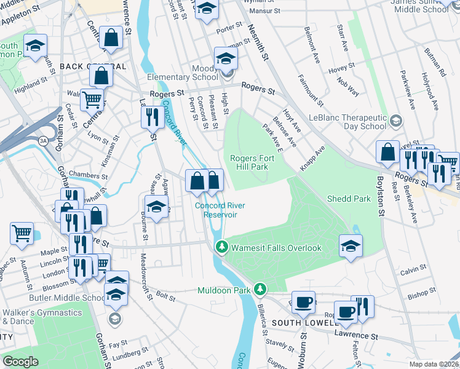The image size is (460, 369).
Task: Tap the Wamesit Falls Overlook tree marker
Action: pyautogui.click(x=221, y=247)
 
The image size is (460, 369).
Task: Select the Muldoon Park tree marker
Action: pyautogui.click(x=261, y=288)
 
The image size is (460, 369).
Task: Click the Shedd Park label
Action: pyautogui.click(x=349, y=199)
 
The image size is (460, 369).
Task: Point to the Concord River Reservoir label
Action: pyautogui.click(x=216, y=210)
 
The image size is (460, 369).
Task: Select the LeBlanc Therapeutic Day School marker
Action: pyautogui.click(x=395, y=120)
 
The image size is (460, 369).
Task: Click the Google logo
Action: pyautogui.click(x=20, y=362)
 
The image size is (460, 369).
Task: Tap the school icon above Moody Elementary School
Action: pyautogui.click(x=226, y=59)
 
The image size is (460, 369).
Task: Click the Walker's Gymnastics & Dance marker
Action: pyautogui.click(x=114, y=318)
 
